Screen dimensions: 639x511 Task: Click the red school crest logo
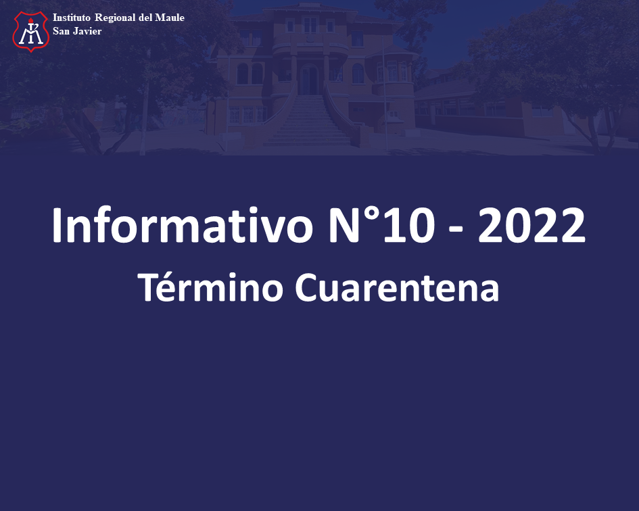point(31,31)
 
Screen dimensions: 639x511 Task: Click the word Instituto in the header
point(71,18)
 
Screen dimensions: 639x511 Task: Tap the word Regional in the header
point(115,18)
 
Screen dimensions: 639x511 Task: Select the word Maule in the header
point(170,18)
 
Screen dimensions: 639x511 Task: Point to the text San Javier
point(77,31)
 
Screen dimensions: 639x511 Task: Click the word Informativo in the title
point(182,225)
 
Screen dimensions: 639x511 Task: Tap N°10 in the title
point(381,225)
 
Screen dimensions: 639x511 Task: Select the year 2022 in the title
point(531,225)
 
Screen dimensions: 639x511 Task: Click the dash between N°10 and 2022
point(456,230)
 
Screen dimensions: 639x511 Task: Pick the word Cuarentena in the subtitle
point(396,287)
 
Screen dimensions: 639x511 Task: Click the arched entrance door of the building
point(309,80)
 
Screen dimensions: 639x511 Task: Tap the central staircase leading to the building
point(308,120)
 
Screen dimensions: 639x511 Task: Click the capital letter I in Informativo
point(57,225)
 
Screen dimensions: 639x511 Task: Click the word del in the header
point(145,18)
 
